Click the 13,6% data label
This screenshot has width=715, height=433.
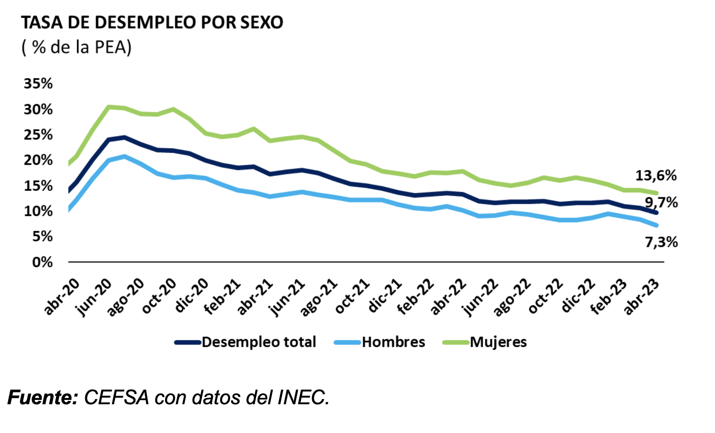click(656, 176)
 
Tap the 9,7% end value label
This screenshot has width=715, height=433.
click(661, 203)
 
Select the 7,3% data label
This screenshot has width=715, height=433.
click(661, 242)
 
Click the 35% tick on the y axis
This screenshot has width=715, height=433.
click(38, 84)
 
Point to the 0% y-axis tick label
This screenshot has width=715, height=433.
click(42, 262)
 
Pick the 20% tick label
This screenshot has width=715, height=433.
click(38, 160)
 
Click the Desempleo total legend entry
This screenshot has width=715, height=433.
click(258, 342)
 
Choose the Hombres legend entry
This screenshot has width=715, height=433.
click(393, 342)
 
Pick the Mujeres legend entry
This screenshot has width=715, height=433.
click(498, 342)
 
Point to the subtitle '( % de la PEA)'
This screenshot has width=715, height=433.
click(77, 47)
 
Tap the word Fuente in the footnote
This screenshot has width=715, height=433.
click(43, 398)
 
